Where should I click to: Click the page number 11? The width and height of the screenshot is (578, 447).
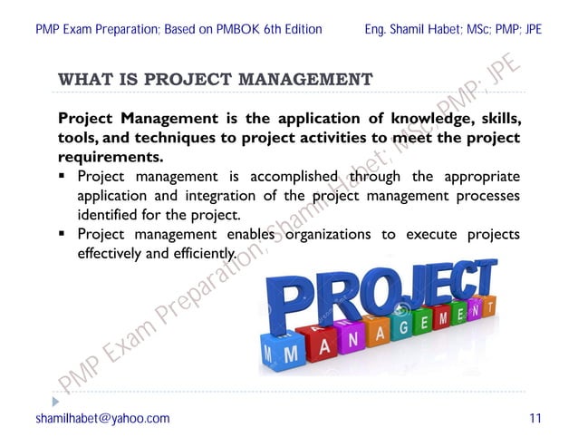(x=535, y=418)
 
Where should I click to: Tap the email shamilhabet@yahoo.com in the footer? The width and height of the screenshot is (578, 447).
(x=102, y=418)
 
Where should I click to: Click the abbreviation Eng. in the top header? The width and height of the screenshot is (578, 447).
(x=376, y=29)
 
